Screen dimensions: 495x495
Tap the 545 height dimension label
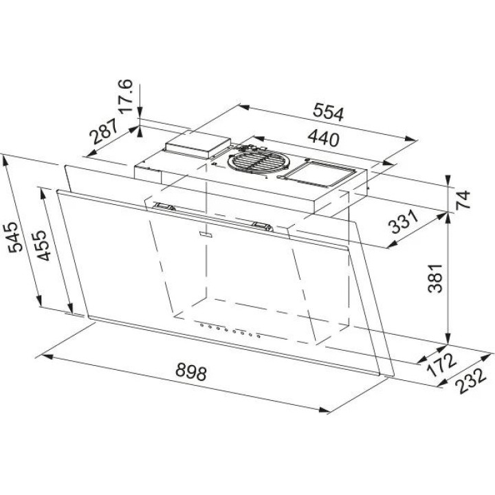(x=15, y=236)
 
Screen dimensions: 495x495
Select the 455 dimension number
(x=42, y=245)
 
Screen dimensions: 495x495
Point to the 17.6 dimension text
(x=125, y=96)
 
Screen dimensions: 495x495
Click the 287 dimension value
(x=103, y=131)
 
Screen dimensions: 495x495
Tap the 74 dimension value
(x=463, y=199)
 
